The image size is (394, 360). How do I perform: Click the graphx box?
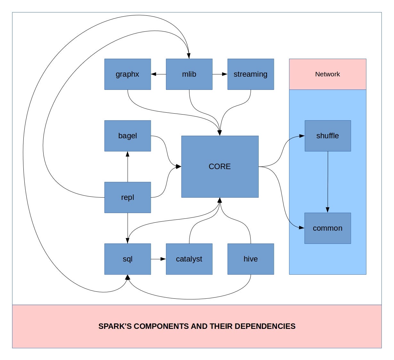coord(128,74)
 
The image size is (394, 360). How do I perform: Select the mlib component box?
coord(189,74)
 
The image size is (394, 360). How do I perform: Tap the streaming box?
coord(250,74)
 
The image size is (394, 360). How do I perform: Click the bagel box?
coord(128,136)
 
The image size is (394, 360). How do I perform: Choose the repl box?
coord(128,197)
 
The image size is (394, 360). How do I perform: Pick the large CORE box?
coord(220,167)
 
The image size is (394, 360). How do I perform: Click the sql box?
coord(128,259)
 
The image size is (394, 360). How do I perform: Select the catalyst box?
coord(189,259)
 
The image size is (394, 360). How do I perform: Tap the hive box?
coord(250,259)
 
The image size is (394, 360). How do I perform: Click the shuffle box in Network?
coord(327,136)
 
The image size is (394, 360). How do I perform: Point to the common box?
coord(327,228)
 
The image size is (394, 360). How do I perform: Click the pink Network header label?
coord(327,74)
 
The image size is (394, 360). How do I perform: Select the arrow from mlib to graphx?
coord(158,74)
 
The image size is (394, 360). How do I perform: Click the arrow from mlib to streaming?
coord(220,74)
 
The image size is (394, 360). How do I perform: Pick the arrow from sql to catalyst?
coord(158,259)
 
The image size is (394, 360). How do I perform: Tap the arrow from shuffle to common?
coord(328,182)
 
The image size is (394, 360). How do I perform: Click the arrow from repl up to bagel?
coord(128,167)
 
